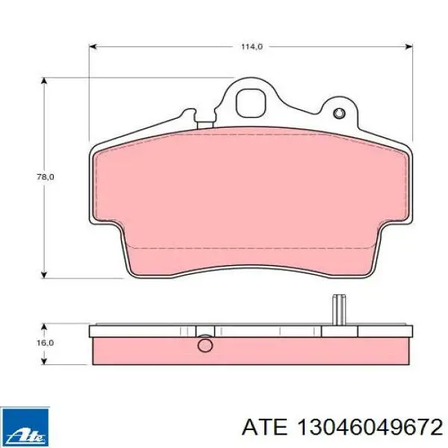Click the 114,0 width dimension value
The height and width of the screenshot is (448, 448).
point(252,46)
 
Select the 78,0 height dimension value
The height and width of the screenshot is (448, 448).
point(46,177)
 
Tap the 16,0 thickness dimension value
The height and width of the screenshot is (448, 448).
point(46,343)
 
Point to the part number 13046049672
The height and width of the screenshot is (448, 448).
point(370,428)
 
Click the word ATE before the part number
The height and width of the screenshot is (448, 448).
point(264,428)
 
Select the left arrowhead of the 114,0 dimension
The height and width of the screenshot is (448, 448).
point(93,46)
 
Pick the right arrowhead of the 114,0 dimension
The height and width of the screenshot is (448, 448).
point(408,46)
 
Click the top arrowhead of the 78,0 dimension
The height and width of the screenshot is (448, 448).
point(44,81)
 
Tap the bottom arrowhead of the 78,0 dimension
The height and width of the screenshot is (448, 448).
point(44,274)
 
